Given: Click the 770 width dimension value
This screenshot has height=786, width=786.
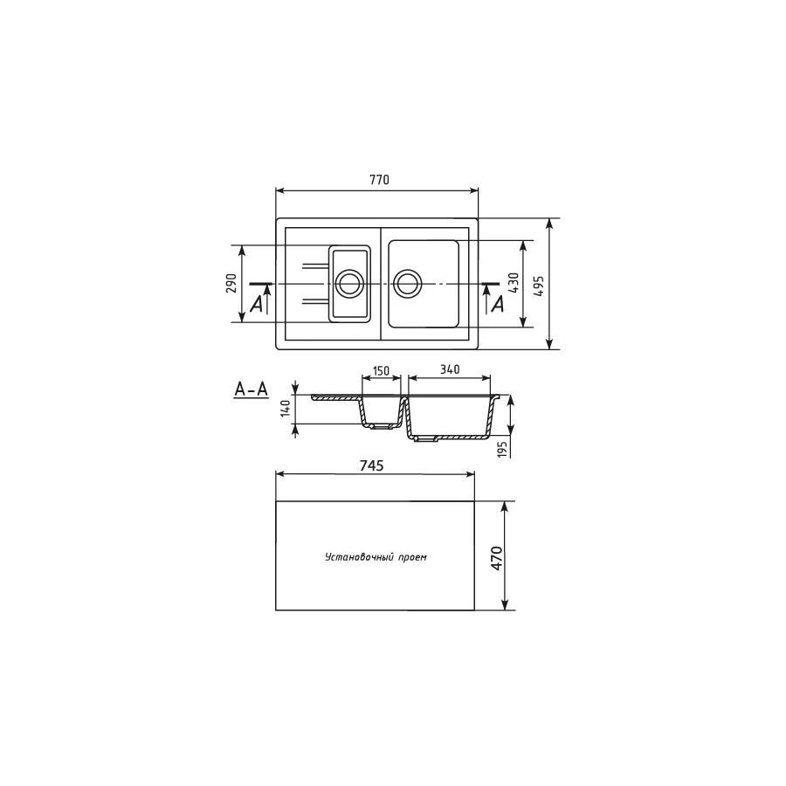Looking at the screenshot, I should click(x=377, y=180).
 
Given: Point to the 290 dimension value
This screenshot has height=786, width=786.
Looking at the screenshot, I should click(x=231, y=284).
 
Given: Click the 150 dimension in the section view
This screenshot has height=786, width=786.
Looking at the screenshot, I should click(x=381, y=370).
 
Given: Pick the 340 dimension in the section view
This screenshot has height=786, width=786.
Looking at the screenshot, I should click(x=449, y=370).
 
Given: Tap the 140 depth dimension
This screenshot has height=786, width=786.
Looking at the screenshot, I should click(x=285, y=410).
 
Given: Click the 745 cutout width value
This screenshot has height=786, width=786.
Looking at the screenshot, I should click(x=374, y=465).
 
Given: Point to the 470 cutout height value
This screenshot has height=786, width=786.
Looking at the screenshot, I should click(x=497, y=557).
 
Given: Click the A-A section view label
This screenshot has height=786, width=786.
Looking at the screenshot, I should click(x=251, y=390).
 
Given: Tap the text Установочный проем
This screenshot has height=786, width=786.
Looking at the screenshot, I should click(x=376, y=557).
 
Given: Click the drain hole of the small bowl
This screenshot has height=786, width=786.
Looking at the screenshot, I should click(x=349, y=283).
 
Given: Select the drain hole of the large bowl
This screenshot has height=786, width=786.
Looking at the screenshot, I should click(x=407, y=283).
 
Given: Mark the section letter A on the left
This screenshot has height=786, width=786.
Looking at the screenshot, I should click(x=256, y=304).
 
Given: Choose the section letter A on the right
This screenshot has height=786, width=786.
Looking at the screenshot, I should click(x=498, y=304).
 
